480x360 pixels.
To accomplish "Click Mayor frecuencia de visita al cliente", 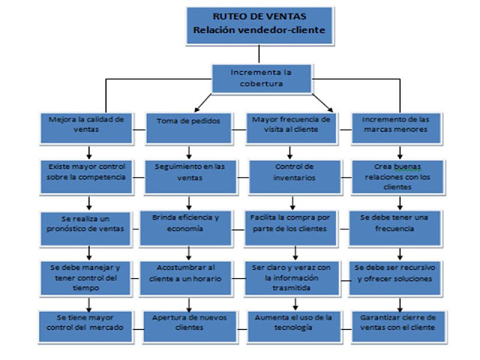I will click(x=292, y=126).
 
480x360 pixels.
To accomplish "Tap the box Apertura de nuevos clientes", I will click(x=189, y=322).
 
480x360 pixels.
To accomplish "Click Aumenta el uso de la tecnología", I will click(x=292, y=322).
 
